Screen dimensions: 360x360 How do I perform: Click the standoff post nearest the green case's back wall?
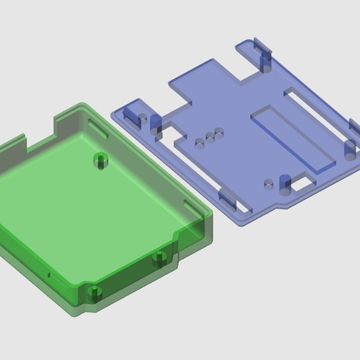102,160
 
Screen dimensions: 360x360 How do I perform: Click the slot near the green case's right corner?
190,207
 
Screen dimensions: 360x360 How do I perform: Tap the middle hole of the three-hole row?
209,136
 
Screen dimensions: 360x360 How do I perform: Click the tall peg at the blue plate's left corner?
155,123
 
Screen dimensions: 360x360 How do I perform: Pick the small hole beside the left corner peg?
138,119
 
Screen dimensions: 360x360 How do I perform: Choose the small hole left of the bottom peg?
268,184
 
